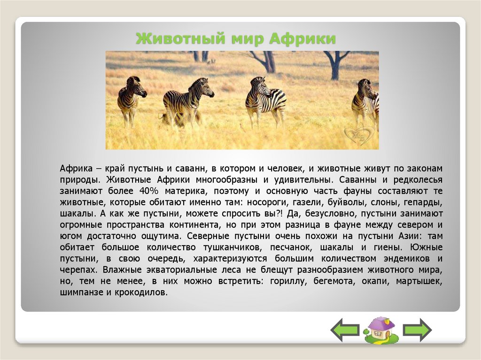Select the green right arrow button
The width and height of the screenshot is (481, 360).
pos(417,329)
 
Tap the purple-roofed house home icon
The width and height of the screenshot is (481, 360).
pos(380,329)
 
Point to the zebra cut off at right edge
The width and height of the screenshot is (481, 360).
pos(366,101)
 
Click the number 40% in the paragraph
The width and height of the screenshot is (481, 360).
pos(148,191)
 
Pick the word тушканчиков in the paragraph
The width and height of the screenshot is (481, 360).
pos(230,247)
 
